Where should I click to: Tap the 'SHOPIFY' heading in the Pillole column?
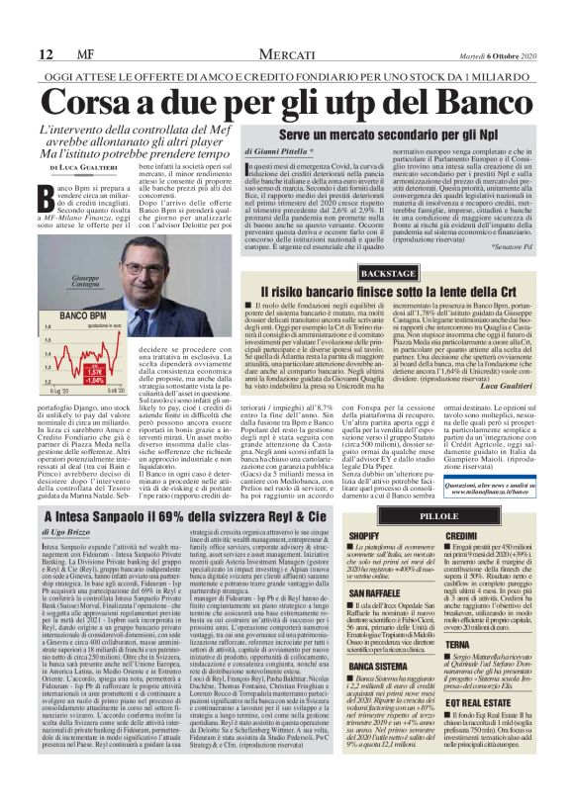(366, 535)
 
